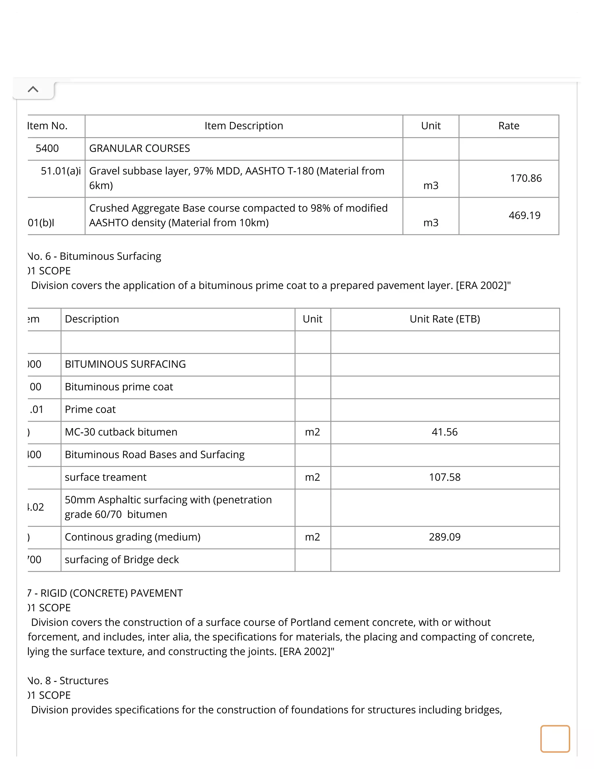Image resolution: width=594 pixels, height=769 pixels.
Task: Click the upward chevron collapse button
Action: [x=33, y=89]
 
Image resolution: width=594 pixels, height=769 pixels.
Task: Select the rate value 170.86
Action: [x=526, y=178]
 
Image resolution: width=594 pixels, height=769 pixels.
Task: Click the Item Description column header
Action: [x=244, y=126]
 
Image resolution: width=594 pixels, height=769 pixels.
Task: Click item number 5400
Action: [x=47, y=148]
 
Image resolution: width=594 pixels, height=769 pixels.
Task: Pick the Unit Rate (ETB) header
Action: [x=444, y=319]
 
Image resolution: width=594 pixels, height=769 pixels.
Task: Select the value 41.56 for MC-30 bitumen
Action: [x=444, y=432]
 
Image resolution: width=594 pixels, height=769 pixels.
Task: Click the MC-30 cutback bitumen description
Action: [x=121, y=432]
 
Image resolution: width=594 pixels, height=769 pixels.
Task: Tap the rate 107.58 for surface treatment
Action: [x=444, y=477]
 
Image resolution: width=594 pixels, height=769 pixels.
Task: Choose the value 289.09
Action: [x=444, y=537]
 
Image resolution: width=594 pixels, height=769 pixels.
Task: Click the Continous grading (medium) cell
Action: [x=133, y=537]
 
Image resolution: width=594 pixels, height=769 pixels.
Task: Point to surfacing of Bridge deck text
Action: [x=122, y=559]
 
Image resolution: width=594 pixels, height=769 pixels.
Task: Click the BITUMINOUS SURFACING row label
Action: [x=125, y=364]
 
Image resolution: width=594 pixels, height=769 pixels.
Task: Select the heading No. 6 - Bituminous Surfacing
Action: [x=94, y=256]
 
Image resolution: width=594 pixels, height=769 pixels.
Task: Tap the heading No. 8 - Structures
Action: [x=68, y=680]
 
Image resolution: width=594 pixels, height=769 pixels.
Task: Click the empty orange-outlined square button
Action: [x=555, y=739]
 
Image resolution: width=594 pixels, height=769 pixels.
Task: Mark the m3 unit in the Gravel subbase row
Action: [x=431, y=185]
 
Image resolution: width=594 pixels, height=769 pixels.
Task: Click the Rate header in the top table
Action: [x=508, y=126]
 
